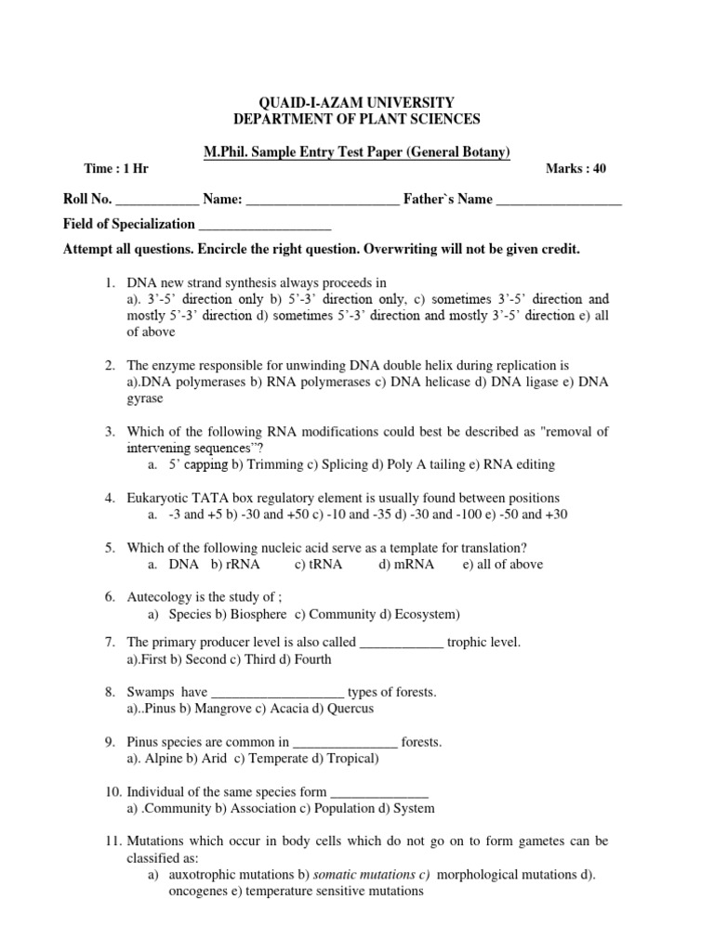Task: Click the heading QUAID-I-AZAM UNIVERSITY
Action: pyautogui.click(x=356, y=102)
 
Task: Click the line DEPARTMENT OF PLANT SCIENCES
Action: pyautogui.click(x=356, y=119)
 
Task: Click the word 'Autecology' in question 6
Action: pyautogui.click(x=159, y=597)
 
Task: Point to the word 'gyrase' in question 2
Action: pyautogui.click(x=145, y=398)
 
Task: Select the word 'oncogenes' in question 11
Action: pyautogui.click(x=198, y=891)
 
